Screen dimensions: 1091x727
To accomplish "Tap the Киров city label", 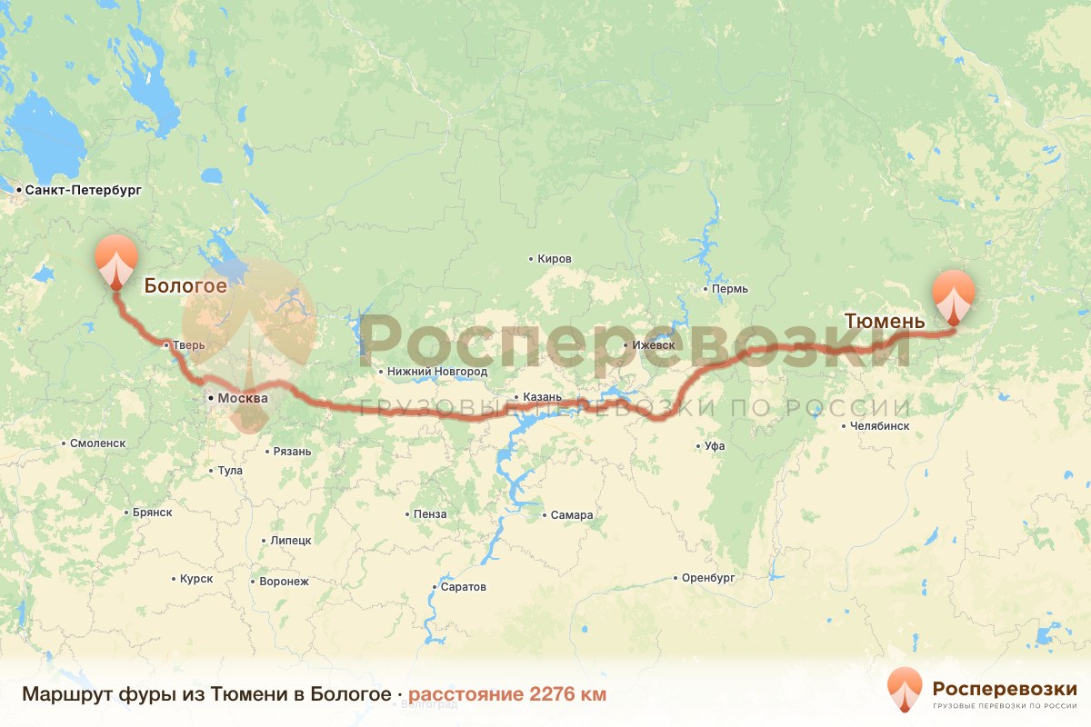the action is [554, 259].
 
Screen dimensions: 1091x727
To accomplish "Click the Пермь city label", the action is [730, 289].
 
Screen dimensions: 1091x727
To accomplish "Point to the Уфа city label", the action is [714, 446].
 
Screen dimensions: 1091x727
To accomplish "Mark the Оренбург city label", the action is [707, 578].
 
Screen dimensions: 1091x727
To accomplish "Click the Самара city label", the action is [571, 515].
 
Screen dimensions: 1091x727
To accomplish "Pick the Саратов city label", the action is [463, 587].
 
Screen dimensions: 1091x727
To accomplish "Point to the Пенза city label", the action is [429, 514].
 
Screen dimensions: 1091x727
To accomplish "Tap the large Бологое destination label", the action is [185, 286].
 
